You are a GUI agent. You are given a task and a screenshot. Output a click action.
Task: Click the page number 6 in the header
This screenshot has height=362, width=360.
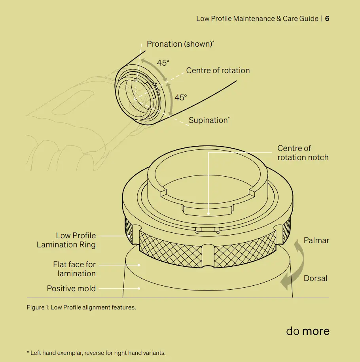click(x=327, y=19)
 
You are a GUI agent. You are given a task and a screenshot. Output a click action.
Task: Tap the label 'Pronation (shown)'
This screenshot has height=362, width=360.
click(x=180, y=44)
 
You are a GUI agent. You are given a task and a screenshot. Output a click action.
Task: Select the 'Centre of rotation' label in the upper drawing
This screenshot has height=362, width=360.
click(x=218, y=70)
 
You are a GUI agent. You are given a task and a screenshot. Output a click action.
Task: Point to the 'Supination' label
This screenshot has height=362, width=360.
click(x=208, y=120)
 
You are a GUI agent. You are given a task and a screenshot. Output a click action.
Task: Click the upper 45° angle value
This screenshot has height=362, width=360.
click(x=163, y=63)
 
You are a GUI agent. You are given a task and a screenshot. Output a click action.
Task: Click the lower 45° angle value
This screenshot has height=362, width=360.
click(x=181, y=98)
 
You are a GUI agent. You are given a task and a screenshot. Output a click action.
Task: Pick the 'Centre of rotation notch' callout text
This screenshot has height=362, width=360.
click(x=303, y=153)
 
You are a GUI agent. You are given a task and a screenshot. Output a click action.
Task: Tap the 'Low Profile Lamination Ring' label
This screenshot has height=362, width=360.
click(x=66, y=240)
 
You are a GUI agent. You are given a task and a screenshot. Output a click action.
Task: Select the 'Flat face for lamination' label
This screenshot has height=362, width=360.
click(x=74, y=269)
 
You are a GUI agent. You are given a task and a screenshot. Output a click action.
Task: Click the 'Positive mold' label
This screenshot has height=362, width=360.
click(x=71, y=288)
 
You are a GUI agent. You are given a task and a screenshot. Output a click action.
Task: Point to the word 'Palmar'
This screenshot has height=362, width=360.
click(x=316, y=240)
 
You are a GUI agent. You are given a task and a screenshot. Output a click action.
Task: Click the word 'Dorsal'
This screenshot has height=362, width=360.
click(x=315, y=278)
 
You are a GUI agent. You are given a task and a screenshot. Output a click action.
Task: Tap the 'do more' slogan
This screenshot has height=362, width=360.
click(x=308, y=331)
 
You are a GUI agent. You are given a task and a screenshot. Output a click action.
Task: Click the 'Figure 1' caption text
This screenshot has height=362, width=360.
click(x=81, y=307)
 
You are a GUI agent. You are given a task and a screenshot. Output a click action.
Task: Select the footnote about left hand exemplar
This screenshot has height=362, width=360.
click(x=96, y=353)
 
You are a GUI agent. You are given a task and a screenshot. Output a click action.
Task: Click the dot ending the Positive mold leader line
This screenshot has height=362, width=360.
click(x=139, y=288)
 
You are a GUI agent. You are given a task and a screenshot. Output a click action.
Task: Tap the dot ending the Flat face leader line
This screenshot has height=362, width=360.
click(x=139, y=265)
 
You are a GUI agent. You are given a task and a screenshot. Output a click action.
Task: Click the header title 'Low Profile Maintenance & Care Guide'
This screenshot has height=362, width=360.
click(x=257, y=19)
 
